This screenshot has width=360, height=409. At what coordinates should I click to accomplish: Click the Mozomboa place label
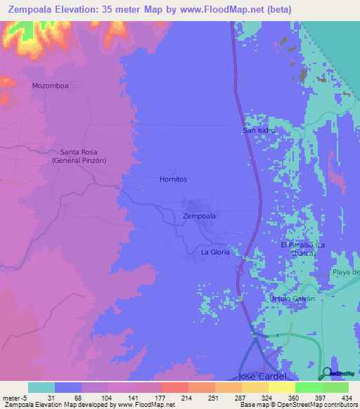50,86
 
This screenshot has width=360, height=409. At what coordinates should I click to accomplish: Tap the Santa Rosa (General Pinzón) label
79,156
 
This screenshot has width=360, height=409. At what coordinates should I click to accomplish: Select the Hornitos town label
172,179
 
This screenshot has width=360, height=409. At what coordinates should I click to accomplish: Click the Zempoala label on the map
199,216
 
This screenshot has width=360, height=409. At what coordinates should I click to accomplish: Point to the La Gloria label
215,252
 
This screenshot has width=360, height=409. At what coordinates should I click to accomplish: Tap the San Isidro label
258,130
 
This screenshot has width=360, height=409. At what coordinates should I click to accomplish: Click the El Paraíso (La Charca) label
304,249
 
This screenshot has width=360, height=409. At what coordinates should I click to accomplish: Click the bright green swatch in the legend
308,387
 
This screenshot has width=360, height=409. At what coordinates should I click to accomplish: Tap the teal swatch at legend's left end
41,387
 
